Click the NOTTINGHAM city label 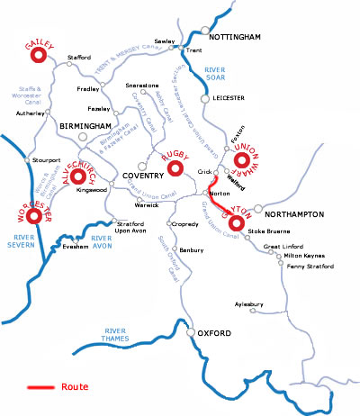point(235,37)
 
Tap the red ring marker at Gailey point(38,56)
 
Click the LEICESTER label point(228,99)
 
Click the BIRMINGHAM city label point(85,125)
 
